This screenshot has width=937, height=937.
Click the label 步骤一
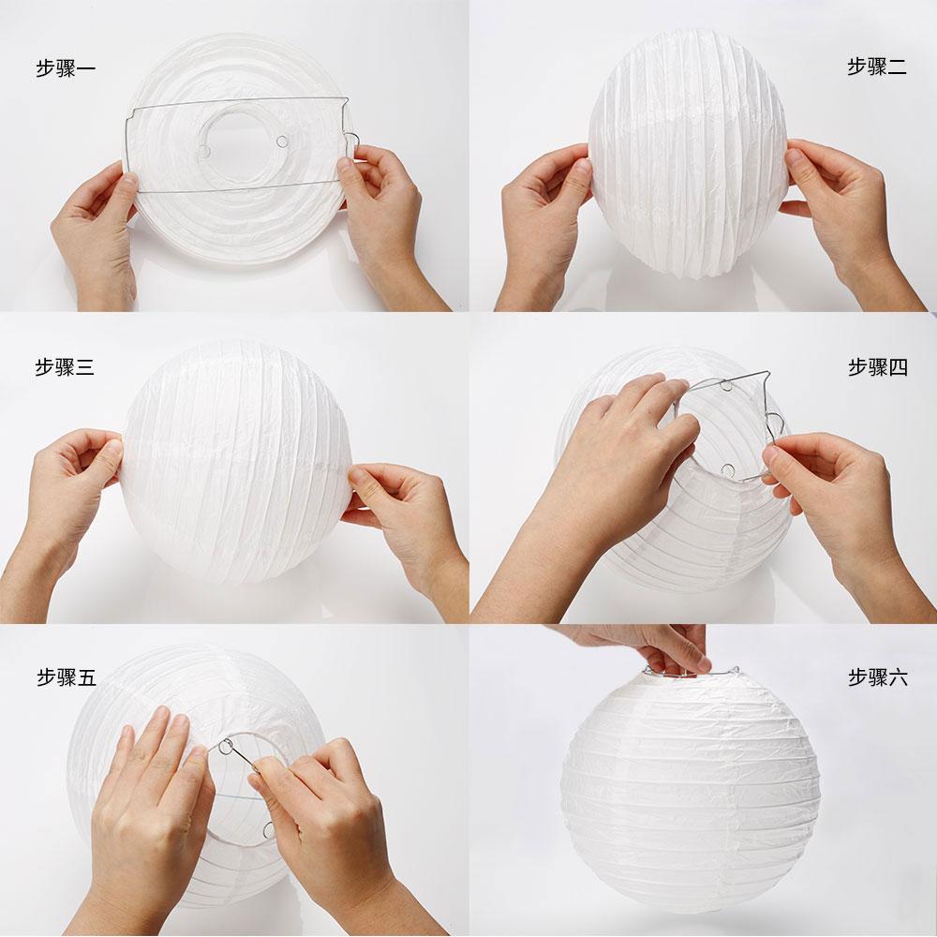(66, 68)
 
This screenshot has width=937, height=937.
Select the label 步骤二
(877, 67)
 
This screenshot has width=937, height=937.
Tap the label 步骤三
(65, 367)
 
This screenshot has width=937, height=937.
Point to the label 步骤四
(878, 367)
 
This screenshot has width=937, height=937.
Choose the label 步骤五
(67, 677)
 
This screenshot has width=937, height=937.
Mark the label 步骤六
(878, 677)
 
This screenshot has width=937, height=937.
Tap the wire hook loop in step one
(352, 142)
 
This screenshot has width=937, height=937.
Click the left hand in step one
(96, 236)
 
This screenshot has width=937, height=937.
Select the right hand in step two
(849, 221)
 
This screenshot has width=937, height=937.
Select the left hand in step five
(149, 819)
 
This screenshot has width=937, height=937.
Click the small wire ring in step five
(227, 747)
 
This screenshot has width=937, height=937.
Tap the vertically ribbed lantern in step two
(689, 153)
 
